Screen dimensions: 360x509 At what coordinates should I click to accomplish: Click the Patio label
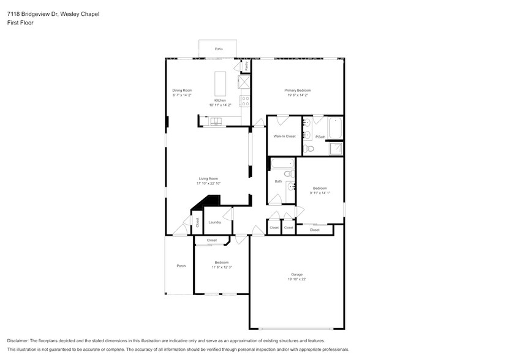(x=218, y=48)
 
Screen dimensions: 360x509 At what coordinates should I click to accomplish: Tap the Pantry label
(x=247, y=65)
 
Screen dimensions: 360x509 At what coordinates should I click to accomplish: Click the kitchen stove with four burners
(x=245, y=101)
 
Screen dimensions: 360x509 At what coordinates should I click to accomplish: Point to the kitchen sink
(x=217, y=122)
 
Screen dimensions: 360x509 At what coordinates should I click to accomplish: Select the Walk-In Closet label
(x=284, y=136)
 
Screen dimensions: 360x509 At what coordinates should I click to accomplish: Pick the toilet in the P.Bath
(x=310, y=148)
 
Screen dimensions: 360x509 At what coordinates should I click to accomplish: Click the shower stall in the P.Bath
(x=336, y=148)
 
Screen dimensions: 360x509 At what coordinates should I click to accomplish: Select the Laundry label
(x=214, y=222)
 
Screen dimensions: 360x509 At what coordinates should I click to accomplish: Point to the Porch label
(x=181, y=266)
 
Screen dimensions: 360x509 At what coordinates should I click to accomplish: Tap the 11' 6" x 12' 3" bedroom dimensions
(x=221, y=266)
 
